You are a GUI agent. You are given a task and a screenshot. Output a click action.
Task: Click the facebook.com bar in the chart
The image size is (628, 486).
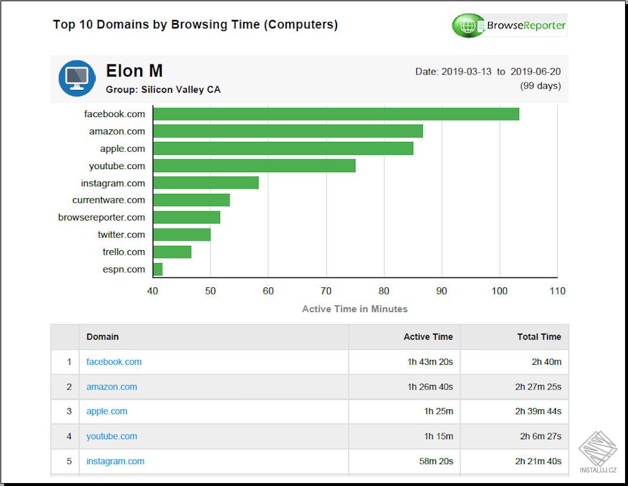click(x=336, y=114)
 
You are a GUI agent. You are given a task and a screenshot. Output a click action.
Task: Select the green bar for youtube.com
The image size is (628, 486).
click(x=254, y=166)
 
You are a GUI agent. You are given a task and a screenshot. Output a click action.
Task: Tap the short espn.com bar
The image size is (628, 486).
click(x=158, y=270)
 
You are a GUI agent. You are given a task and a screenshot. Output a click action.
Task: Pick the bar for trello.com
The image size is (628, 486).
click(x=172, y=252)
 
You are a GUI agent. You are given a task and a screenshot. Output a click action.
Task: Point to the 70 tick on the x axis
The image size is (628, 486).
click(x=326, y=291)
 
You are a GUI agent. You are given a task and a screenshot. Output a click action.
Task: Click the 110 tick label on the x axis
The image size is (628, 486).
click(x=557, y=291)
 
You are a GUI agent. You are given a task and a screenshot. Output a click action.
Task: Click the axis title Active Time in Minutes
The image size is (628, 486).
click(x=355, y=309)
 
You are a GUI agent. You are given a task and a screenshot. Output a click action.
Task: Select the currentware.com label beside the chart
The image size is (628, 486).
click(x=109, y=200)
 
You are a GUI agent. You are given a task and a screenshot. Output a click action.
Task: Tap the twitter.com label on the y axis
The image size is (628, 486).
click(x=121, y=235)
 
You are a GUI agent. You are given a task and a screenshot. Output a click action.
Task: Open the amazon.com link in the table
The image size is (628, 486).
click(x=112, y=387)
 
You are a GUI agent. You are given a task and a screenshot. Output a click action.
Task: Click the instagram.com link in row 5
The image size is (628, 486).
click(x=115, y=461)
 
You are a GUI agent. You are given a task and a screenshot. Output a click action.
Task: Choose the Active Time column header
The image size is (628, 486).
click(x=428, y=336)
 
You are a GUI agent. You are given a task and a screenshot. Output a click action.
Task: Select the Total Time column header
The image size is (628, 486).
click(x=539, y=336)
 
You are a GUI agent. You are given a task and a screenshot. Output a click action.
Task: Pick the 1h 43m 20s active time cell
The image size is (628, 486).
click(x=430, y=362)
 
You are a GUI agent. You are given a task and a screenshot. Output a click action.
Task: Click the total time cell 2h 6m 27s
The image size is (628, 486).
click(x=540, y=436)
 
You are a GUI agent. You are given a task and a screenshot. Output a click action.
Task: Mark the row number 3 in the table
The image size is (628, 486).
click(x=69, y=412)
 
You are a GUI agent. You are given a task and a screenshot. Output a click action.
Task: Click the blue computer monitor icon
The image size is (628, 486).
click(x=77, y=78)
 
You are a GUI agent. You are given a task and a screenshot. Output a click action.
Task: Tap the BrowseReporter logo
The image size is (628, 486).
click(x=509, y=25)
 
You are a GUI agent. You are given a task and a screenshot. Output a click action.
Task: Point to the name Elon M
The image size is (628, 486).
click(x=134, y=71)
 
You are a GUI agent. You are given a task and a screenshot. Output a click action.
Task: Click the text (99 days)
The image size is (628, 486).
click(x=540, y=86)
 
